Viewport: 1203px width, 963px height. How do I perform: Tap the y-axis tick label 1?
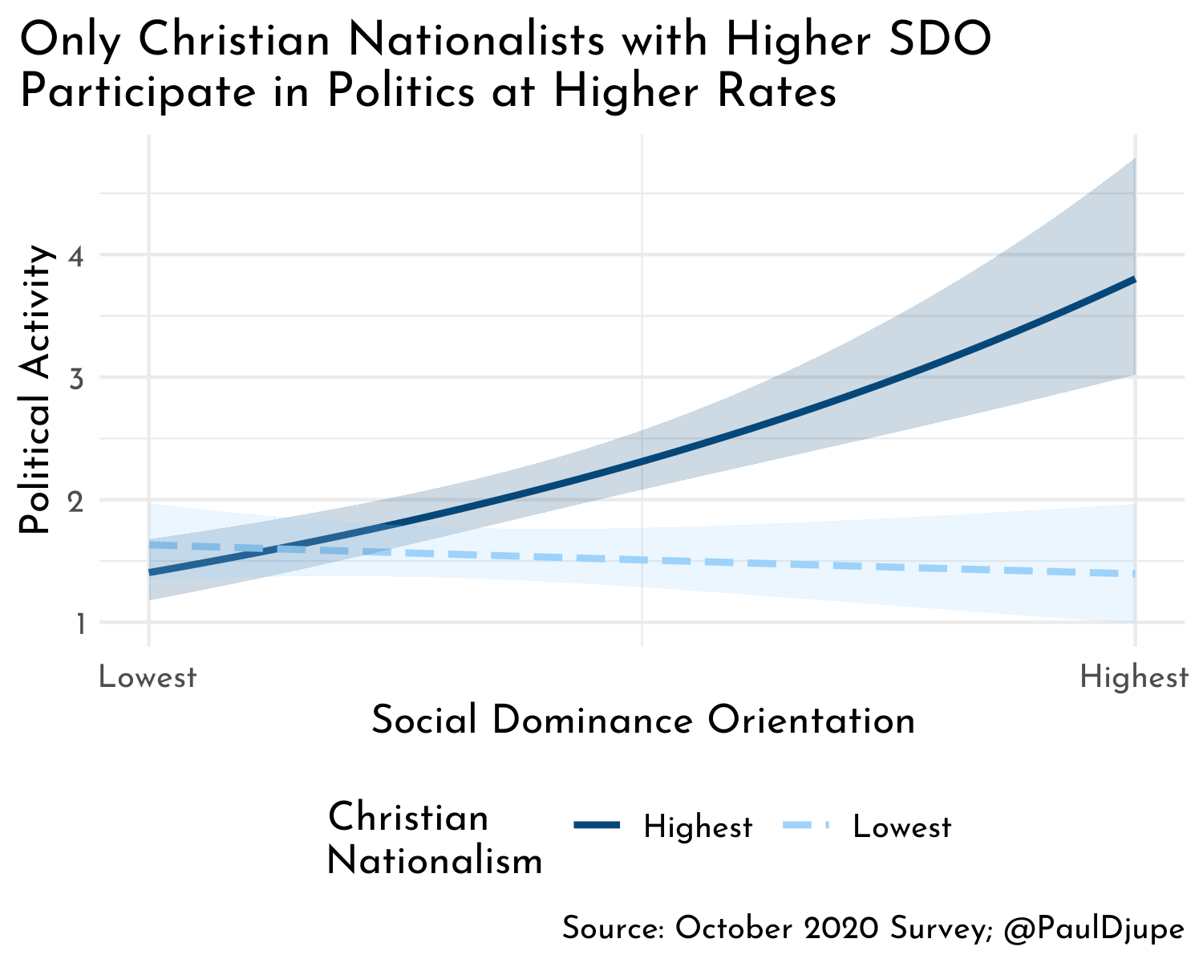pyautogui.click(x=81, y=623)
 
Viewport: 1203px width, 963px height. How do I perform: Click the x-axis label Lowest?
pyautogui.click(x=148, y=678)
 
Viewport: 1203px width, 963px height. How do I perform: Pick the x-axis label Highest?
pyautogui.click(x=1134, y=678)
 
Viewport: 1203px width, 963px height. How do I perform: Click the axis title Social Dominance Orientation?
pyautogui.click(x=643, y=721)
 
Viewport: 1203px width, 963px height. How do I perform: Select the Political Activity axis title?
pyautogui.click(x=36, y=391)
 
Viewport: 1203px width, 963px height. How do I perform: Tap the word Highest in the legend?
pyautogui.click(x=698, y=827)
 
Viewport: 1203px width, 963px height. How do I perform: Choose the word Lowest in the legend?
pyautogui.click(x=902, y=827)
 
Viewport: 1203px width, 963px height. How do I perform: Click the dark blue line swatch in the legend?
pyautogui.click(x=597, y=826)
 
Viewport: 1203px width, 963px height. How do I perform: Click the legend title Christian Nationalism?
pyautogui.click(x=435, y=839)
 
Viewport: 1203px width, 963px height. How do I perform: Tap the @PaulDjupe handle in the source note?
pyautogui.click(x=1094, y=929)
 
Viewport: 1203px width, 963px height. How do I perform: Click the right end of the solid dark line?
pyautogui.click(x=1133, y=279)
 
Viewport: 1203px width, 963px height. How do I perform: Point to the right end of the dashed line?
pyautogui.click(x=1133, y=573)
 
